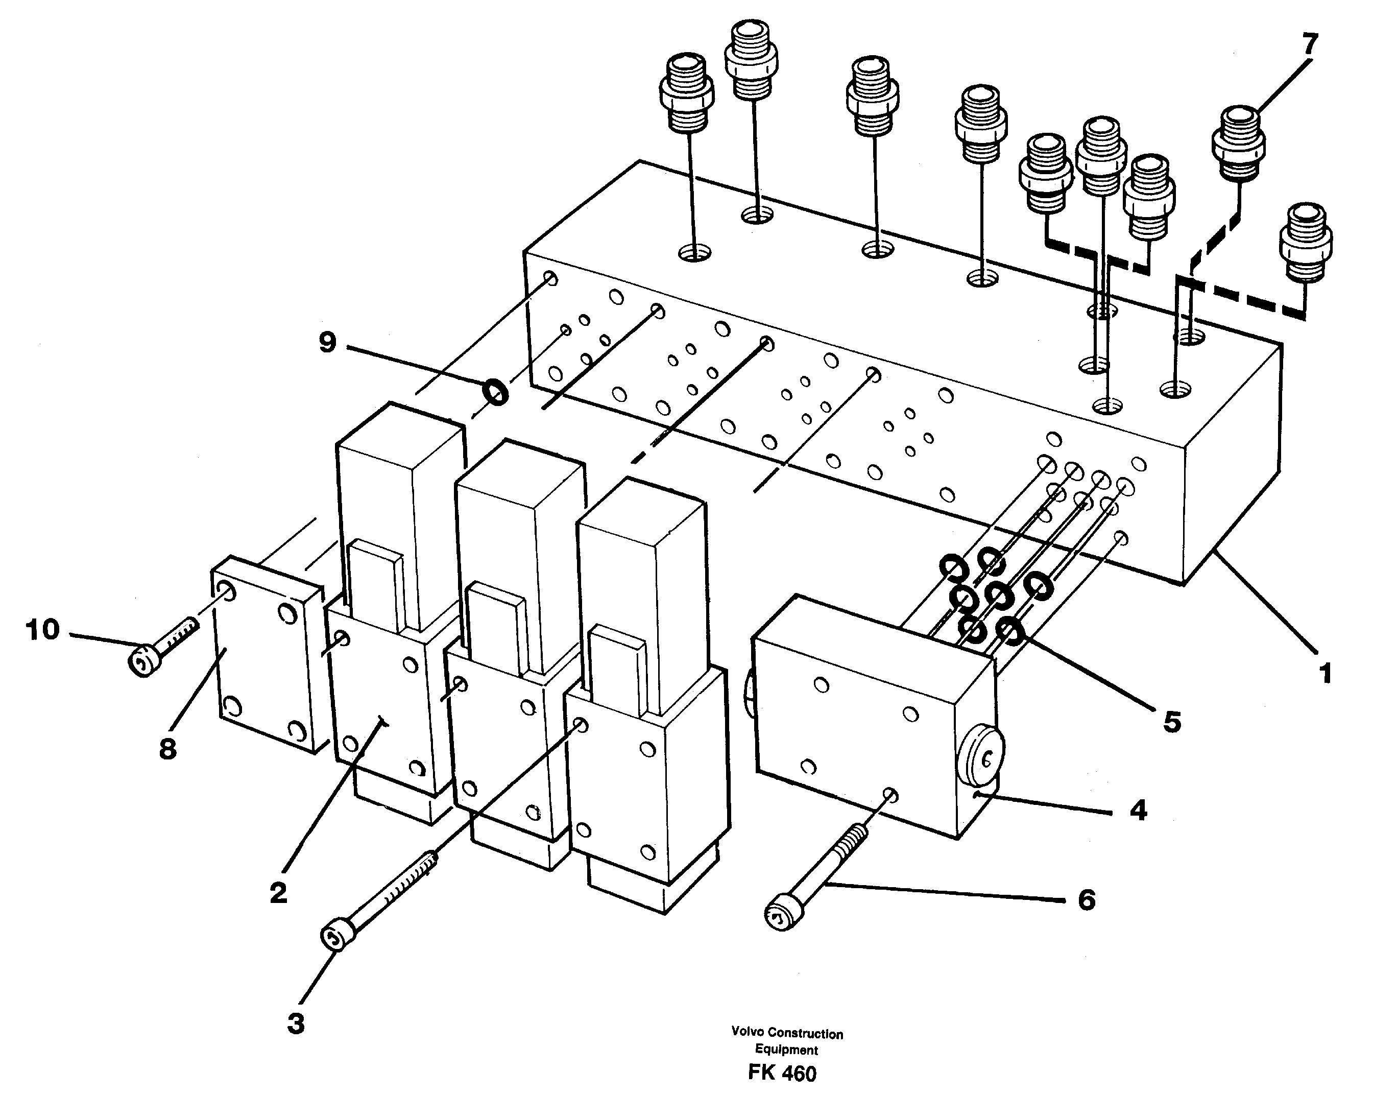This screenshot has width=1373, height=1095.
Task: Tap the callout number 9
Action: click(x=327, y=343)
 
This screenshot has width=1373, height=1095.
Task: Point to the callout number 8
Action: click(x=167, y=749)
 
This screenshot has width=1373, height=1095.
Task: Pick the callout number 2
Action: click(x=278, y=894)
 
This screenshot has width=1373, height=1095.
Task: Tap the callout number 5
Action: click(x=1172, y=722)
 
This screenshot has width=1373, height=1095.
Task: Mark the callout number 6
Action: click(x=1087, y=900)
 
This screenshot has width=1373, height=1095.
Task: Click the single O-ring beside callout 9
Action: click(x=495, y=391)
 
